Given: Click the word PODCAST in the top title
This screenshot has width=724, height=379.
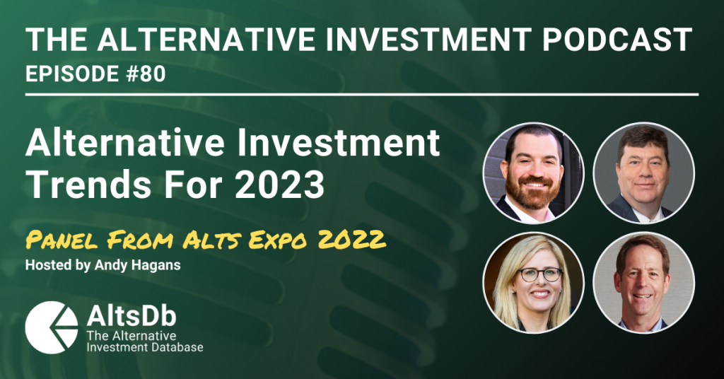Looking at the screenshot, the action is pos(617,39).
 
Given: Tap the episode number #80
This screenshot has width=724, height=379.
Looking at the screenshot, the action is pos(147,74).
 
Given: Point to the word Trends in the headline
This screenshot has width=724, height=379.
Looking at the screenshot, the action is pos(88,184).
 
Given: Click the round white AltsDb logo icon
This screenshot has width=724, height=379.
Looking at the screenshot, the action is pos(52,327).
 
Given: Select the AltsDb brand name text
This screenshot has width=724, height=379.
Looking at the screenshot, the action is pos(131,317).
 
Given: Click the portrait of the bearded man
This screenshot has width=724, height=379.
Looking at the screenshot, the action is pos(533,173).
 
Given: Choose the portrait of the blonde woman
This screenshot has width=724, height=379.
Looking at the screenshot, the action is pos(533,282).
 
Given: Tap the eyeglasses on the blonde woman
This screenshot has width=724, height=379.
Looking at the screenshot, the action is pos(539,274).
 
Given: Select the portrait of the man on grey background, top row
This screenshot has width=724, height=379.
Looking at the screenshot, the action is pos(643,173).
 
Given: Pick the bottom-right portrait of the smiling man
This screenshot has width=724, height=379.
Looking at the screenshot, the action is pos(643,282).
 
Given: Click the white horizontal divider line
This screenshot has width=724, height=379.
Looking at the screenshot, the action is pos(362,95).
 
